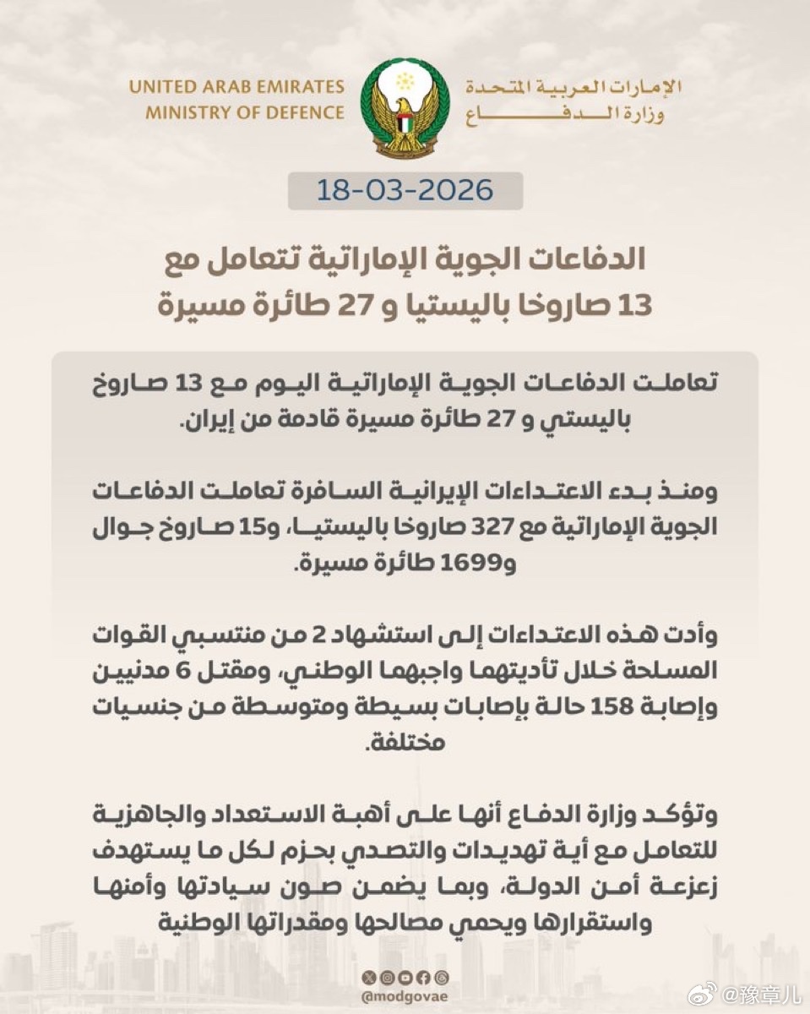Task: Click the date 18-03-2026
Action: point(405,190)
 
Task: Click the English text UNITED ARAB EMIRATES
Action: point(236,87)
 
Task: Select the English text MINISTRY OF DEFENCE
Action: point(245,112)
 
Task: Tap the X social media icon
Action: point(368,978)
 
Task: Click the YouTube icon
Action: point(405,978)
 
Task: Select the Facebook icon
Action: point(423,978)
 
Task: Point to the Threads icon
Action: point(442,978)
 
